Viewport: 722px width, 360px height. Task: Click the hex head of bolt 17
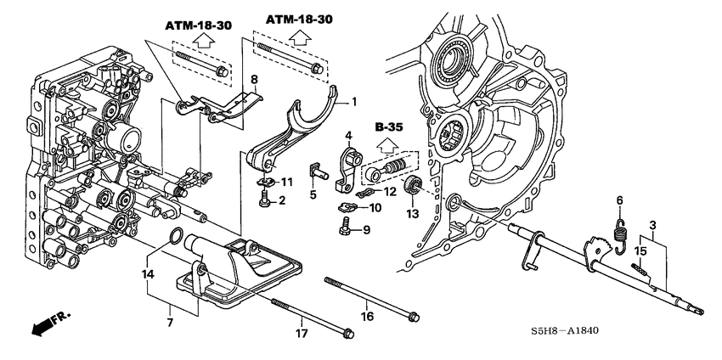coord(347,333)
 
